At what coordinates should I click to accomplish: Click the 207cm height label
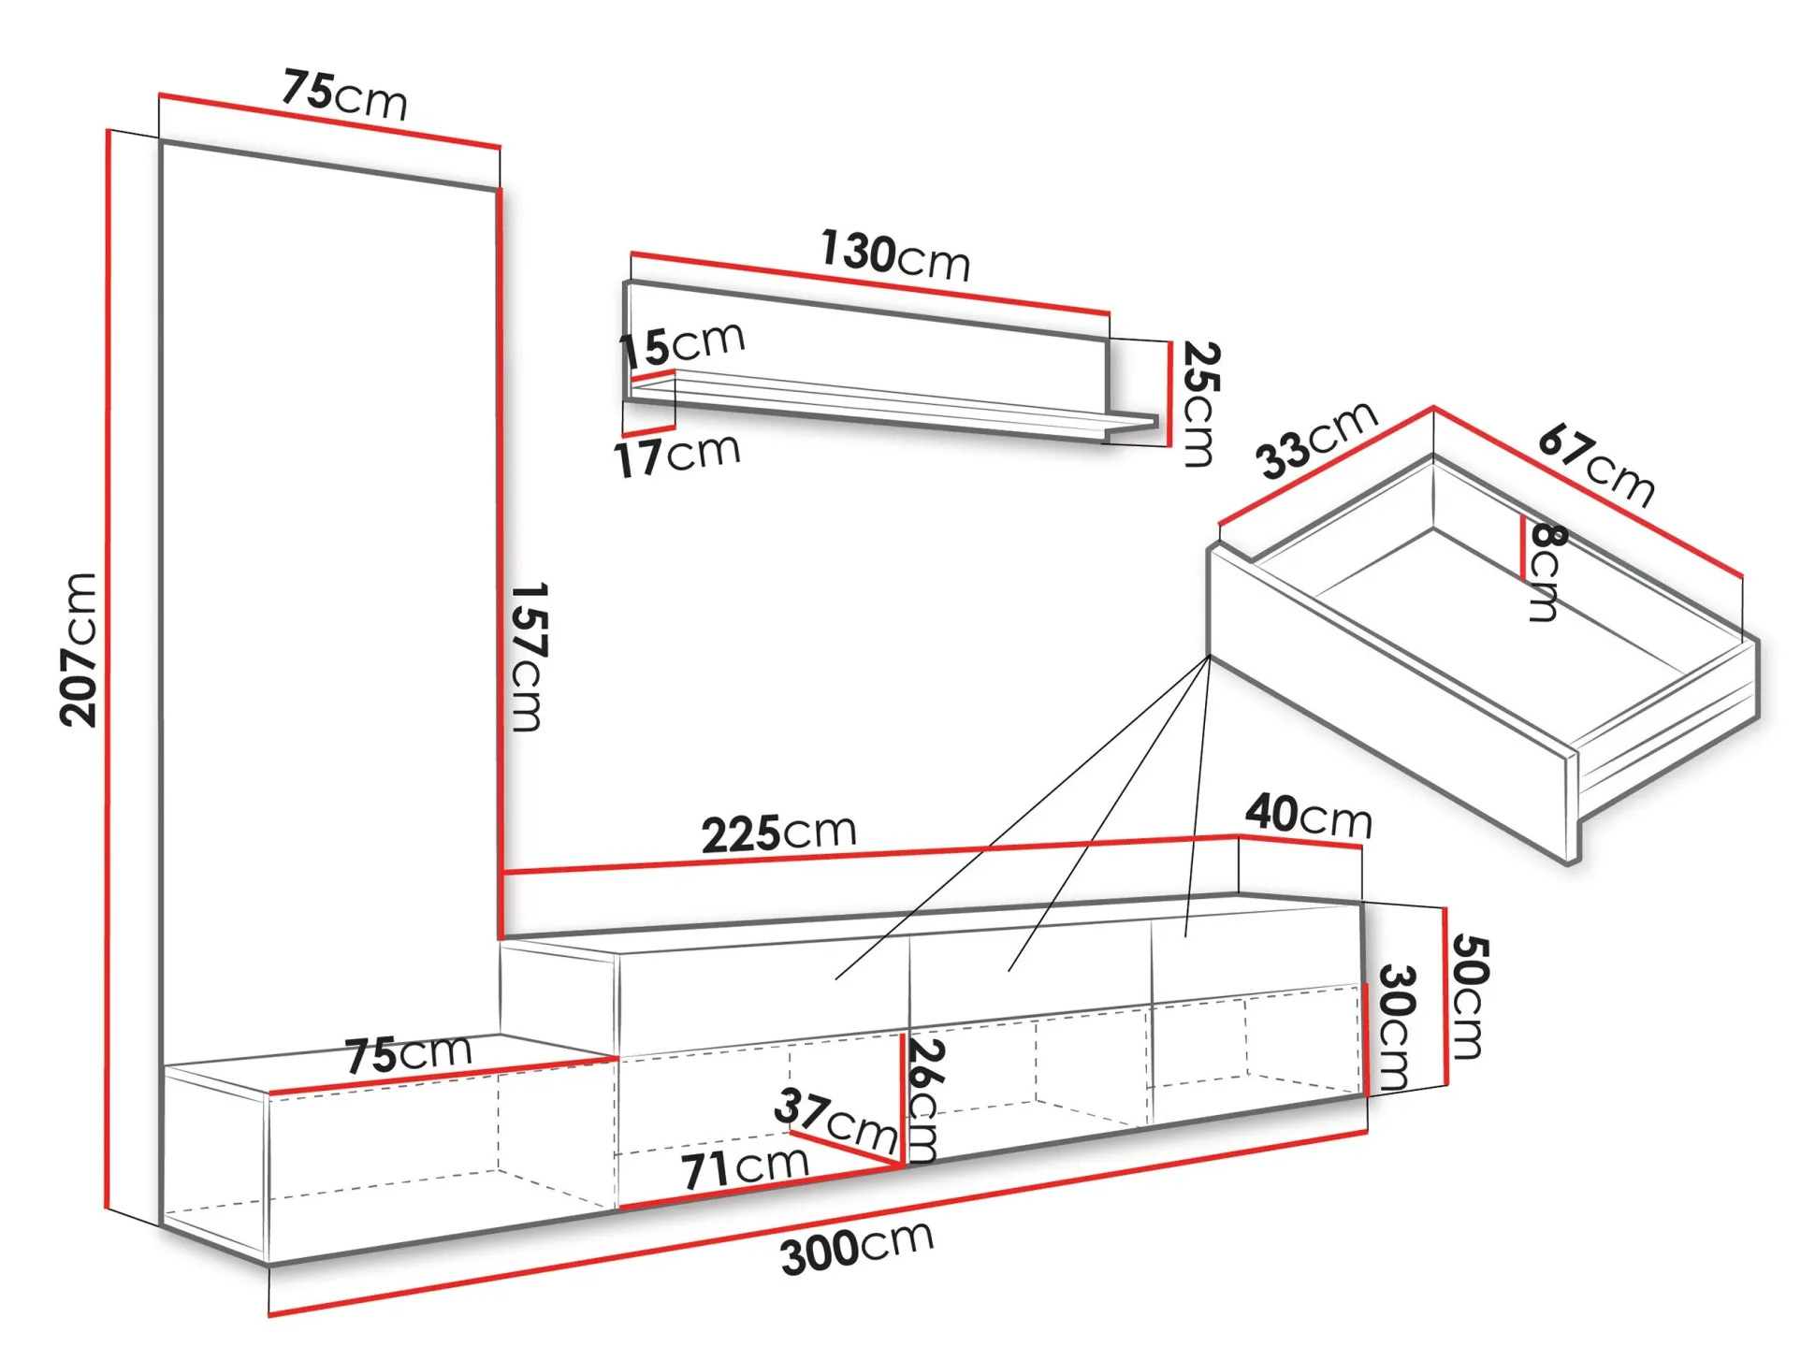pos(79,649)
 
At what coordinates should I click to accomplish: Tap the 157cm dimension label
pos(529,657)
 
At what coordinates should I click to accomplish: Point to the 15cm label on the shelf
pos(682,345)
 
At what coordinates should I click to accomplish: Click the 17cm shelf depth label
pos(677,456)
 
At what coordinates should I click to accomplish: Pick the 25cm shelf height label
pos(1200,404)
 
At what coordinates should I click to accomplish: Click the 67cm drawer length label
pos(1596,465)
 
